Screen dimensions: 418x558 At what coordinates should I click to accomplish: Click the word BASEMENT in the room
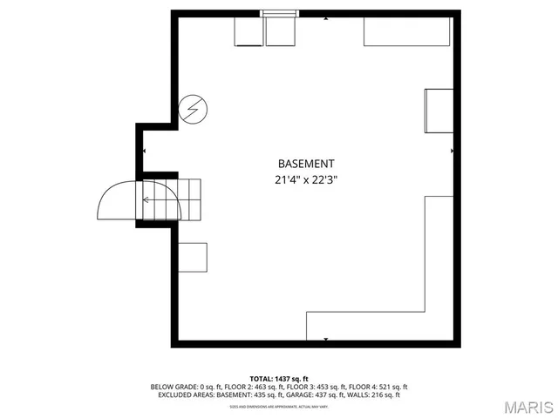pyautogui.click(x=305, y=164)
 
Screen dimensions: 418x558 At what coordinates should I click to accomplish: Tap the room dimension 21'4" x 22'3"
pyautogui.click(x=305, y=180)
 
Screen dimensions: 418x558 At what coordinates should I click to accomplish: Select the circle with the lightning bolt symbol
pyautogui.click(x=194, y=109)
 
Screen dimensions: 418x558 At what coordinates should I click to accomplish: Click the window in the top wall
pyautogui.click(x=280, y=13)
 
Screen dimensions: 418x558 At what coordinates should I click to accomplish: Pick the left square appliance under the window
pyautogui.click(x=248, y=31)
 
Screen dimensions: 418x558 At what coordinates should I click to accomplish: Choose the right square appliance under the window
pyautogui.click(x=281, y=31)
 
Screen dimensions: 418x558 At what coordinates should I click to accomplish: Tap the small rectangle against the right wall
pyautogui.click(x=439, y=111)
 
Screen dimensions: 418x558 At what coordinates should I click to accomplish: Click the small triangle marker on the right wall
pyautogui.click(x=452, y=151)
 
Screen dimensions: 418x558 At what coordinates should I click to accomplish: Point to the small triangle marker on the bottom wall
pyautogui.click(x=326, y=338)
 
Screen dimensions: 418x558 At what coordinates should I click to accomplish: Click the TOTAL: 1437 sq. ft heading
pyautogui.click(x=279, y=378)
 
